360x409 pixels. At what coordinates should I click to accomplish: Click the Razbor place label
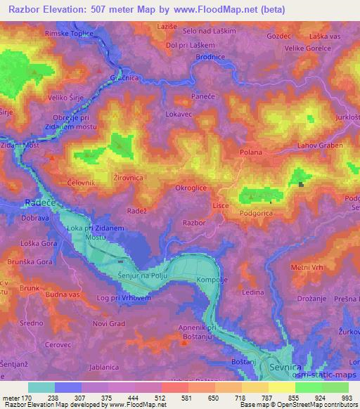(x=193, y=223)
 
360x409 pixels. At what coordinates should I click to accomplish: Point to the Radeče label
(x=16, y=198)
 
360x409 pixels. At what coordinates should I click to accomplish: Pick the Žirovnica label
(x=129, y=179)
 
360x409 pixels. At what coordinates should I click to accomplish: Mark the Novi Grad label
(x=109, y=323)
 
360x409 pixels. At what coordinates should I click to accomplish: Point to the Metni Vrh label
(x=307, y=267)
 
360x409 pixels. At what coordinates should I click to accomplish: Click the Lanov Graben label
(x=319, y=145)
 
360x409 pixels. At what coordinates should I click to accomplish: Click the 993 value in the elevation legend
(x=346, y=398)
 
